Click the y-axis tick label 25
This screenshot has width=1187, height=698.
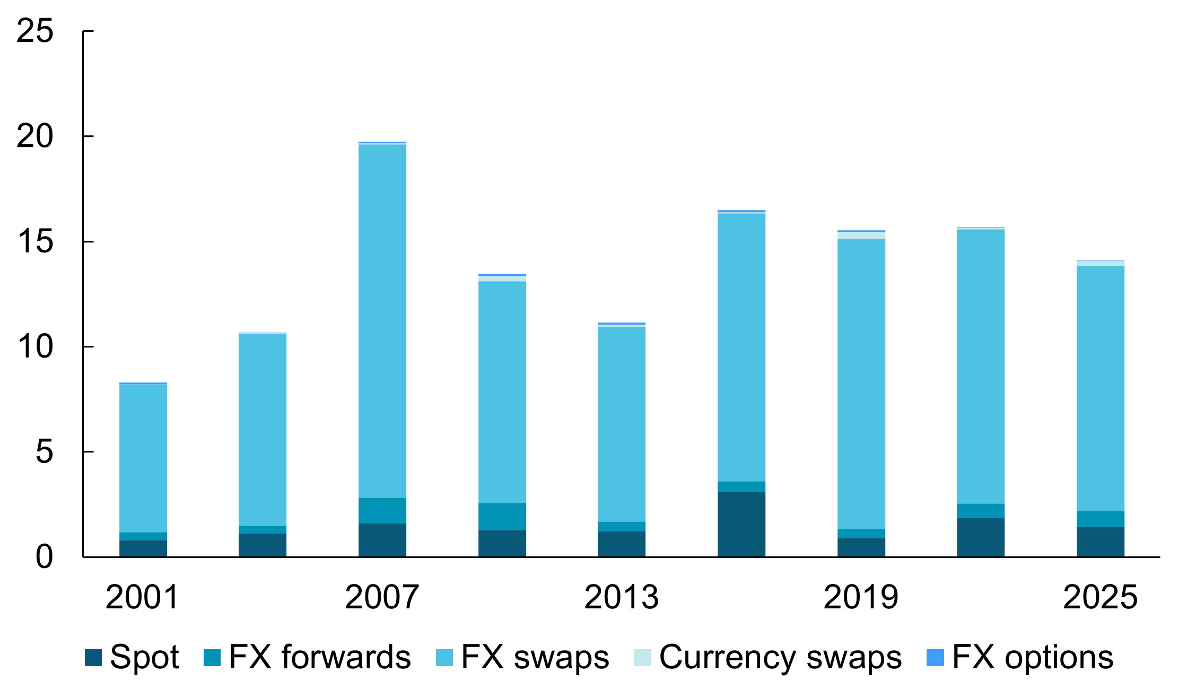pyautogui.click(x=35, y=31)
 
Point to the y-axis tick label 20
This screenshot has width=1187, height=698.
pyautogui.click(x=35, y=136)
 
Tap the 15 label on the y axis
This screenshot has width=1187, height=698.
pyautogui.click(x=35, y=241)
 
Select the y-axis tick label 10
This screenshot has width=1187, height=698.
pyautogui.click(x=35, y=347)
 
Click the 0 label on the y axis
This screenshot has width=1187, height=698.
pyautogui.click(x=44, y=557)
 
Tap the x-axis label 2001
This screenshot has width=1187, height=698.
pyautogui.click(x=143, y=597)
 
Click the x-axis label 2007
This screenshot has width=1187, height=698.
pyautogui.click(x=382, y=597)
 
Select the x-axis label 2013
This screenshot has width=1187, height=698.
pyautogui.click(x=621, y=597)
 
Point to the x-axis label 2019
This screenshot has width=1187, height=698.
pyautogui.click(x=861, y=597)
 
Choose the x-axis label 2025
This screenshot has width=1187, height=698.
pyautogui.click(x=1100, y=597)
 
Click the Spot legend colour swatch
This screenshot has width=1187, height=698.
pyautogui.click(x=93, y=658)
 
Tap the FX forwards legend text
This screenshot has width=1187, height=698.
pyautogui.click(x=320, y=658)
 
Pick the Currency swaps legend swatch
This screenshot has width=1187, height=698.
pyautogui.click(x=642, y=658)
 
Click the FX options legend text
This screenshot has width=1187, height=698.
pyautogui.click(x=1033, y=658)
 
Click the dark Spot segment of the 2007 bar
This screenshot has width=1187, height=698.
pyautogui.click(x=382, y=540)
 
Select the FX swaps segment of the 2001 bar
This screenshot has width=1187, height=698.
pyautogui.click(x=143, y=458)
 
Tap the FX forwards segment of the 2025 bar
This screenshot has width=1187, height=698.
pyautogui.click(x=1101, y=519)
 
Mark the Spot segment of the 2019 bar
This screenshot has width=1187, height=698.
pyautogui.click(x=861, y=547)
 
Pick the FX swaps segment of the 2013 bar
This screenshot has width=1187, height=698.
pyautogui.click(x=622, y=424)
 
